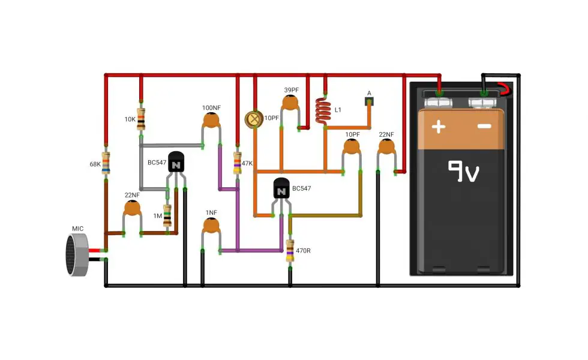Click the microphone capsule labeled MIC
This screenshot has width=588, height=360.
click(77, 255)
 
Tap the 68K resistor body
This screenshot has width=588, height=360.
click(106, 163)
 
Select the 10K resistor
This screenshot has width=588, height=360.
click(141, 119)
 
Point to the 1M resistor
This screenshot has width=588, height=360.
click(167, 215)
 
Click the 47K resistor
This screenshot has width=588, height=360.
click(238, 163)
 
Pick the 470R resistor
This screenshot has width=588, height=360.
click(290, 251)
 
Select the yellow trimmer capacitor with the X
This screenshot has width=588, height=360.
click(254, 119)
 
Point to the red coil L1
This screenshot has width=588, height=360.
click(323, 110)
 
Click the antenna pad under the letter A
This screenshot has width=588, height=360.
click(369, 101)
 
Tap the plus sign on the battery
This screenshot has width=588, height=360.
click(439, 127)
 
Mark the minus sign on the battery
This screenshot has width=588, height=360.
click(484, 127)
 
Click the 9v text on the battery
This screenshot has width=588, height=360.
click(464, 172)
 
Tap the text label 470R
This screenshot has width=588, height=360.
click(303, 251)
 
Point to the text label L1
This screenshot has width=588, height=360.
click(338, 110)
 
